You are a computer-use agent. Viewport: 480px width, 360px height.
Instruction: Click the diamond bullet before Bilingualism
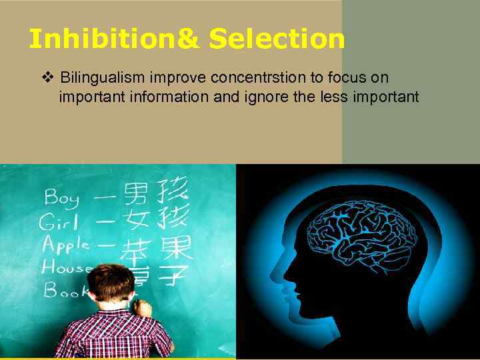tap(47, 78)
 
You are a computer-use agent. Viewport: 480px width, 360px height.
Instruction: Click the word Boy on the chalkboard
tap(62, 198)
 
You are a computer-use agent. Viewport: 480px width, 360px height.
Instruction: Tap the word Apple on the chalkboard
tap(66, 245)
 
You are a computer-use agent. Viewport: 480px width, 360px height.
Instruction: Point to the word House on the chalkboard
tap(67, 267)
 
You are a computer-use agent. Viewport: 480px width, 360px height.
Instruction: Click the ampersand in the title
tap(189, 39)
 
